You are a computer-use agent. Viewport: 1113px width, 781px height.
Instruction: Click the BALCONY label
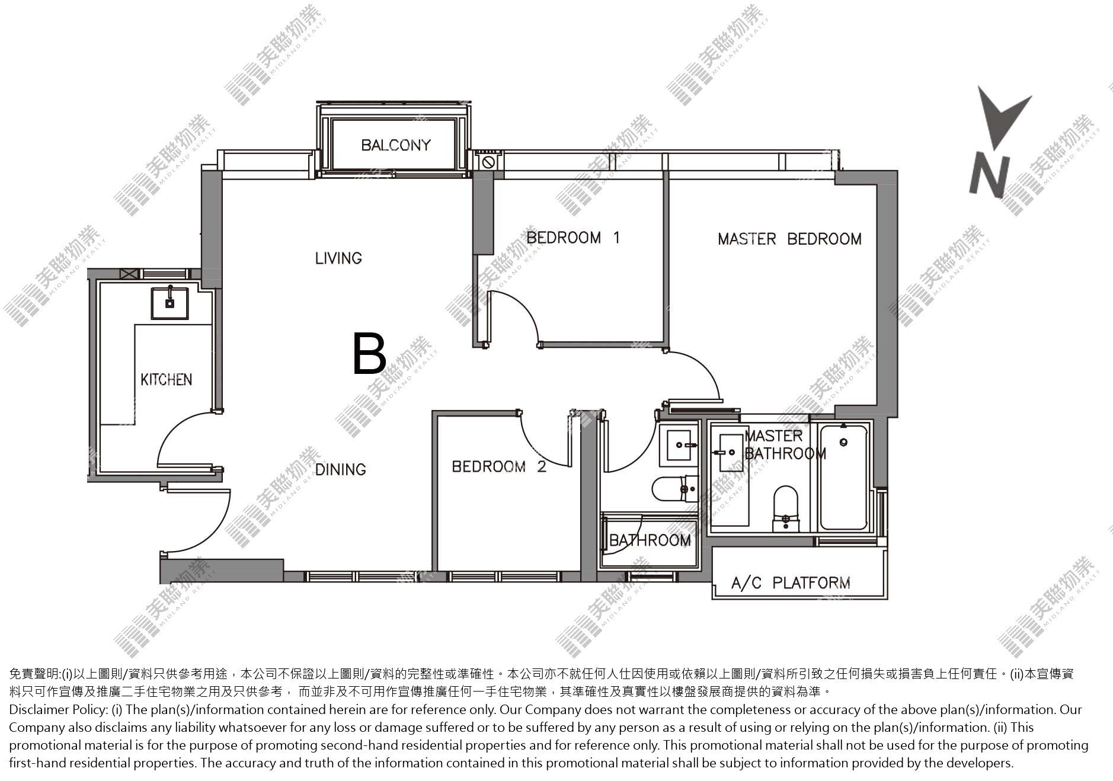395,145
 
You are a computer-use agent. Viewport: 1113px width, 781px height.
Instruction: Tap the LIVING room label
338,258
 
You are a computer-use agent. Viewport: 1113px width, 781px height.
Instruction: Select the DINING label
340,469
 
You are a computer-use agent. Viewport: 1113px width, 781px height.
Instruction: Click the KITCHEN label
166,379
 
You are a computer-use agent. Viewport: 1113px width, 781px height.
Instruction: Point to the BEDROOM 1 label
573,238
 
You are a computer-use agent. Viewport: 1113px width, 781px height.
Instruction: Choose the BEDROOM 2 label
499,467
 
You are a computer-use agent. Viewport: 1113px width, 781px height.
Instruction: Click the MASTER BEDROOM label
789,239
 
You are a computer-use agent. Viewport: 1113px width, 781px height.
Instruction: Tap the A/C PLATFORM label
791,583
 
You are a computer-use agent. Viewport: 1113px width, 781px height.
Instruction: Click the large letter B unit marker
369,354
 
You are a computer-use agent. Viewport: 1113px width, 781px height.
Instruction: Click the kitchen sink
169,303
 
